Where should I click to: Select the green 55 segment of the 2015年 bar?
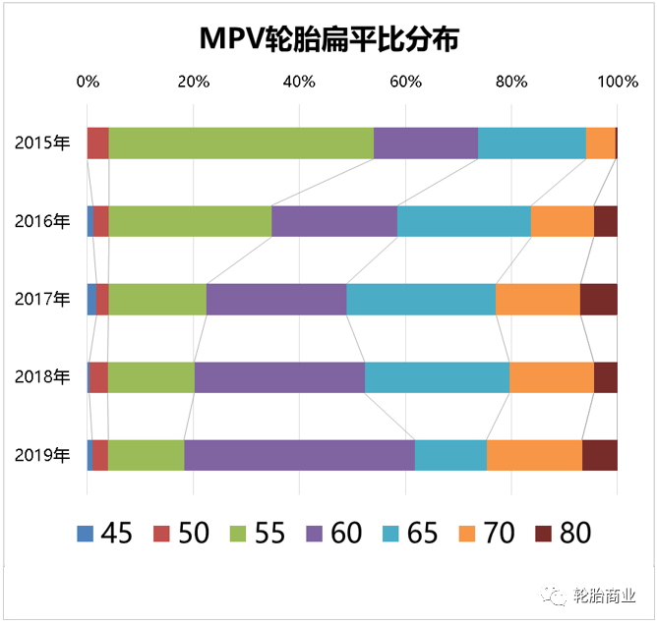(241, 142)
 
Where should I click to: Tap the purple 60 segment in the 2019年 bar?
(299, 455)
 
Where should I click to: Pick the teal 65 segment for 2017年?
(421, 299)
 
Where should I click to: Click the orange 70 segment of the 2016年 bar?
(562, 221)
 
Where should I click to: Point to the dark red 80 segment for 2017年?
(599, 299)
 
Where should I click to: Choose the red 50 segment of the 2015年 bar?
(98, 142)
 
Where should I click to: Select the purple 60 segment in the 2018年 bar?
(279, 377)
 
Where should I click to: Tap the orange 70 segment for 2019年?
(534, 455)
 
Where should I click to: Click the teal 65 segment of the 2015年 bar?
(531, 142)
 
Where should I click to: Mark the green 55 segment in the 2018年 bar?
(150, 377)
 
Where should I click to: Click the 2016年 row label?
(42, 221)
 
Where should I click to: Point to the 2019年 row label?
(42, 455)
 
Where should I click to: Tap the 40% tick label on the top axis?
(299, 82)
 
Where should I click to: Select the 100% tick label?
(617, 82)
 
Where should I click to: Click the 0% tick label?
(88, 82)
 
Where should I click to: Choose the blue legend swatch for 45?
(87, 534)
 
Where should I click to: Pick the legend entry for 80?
(562, 534)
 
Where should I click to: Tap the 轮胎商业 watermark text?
(606, 595)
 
